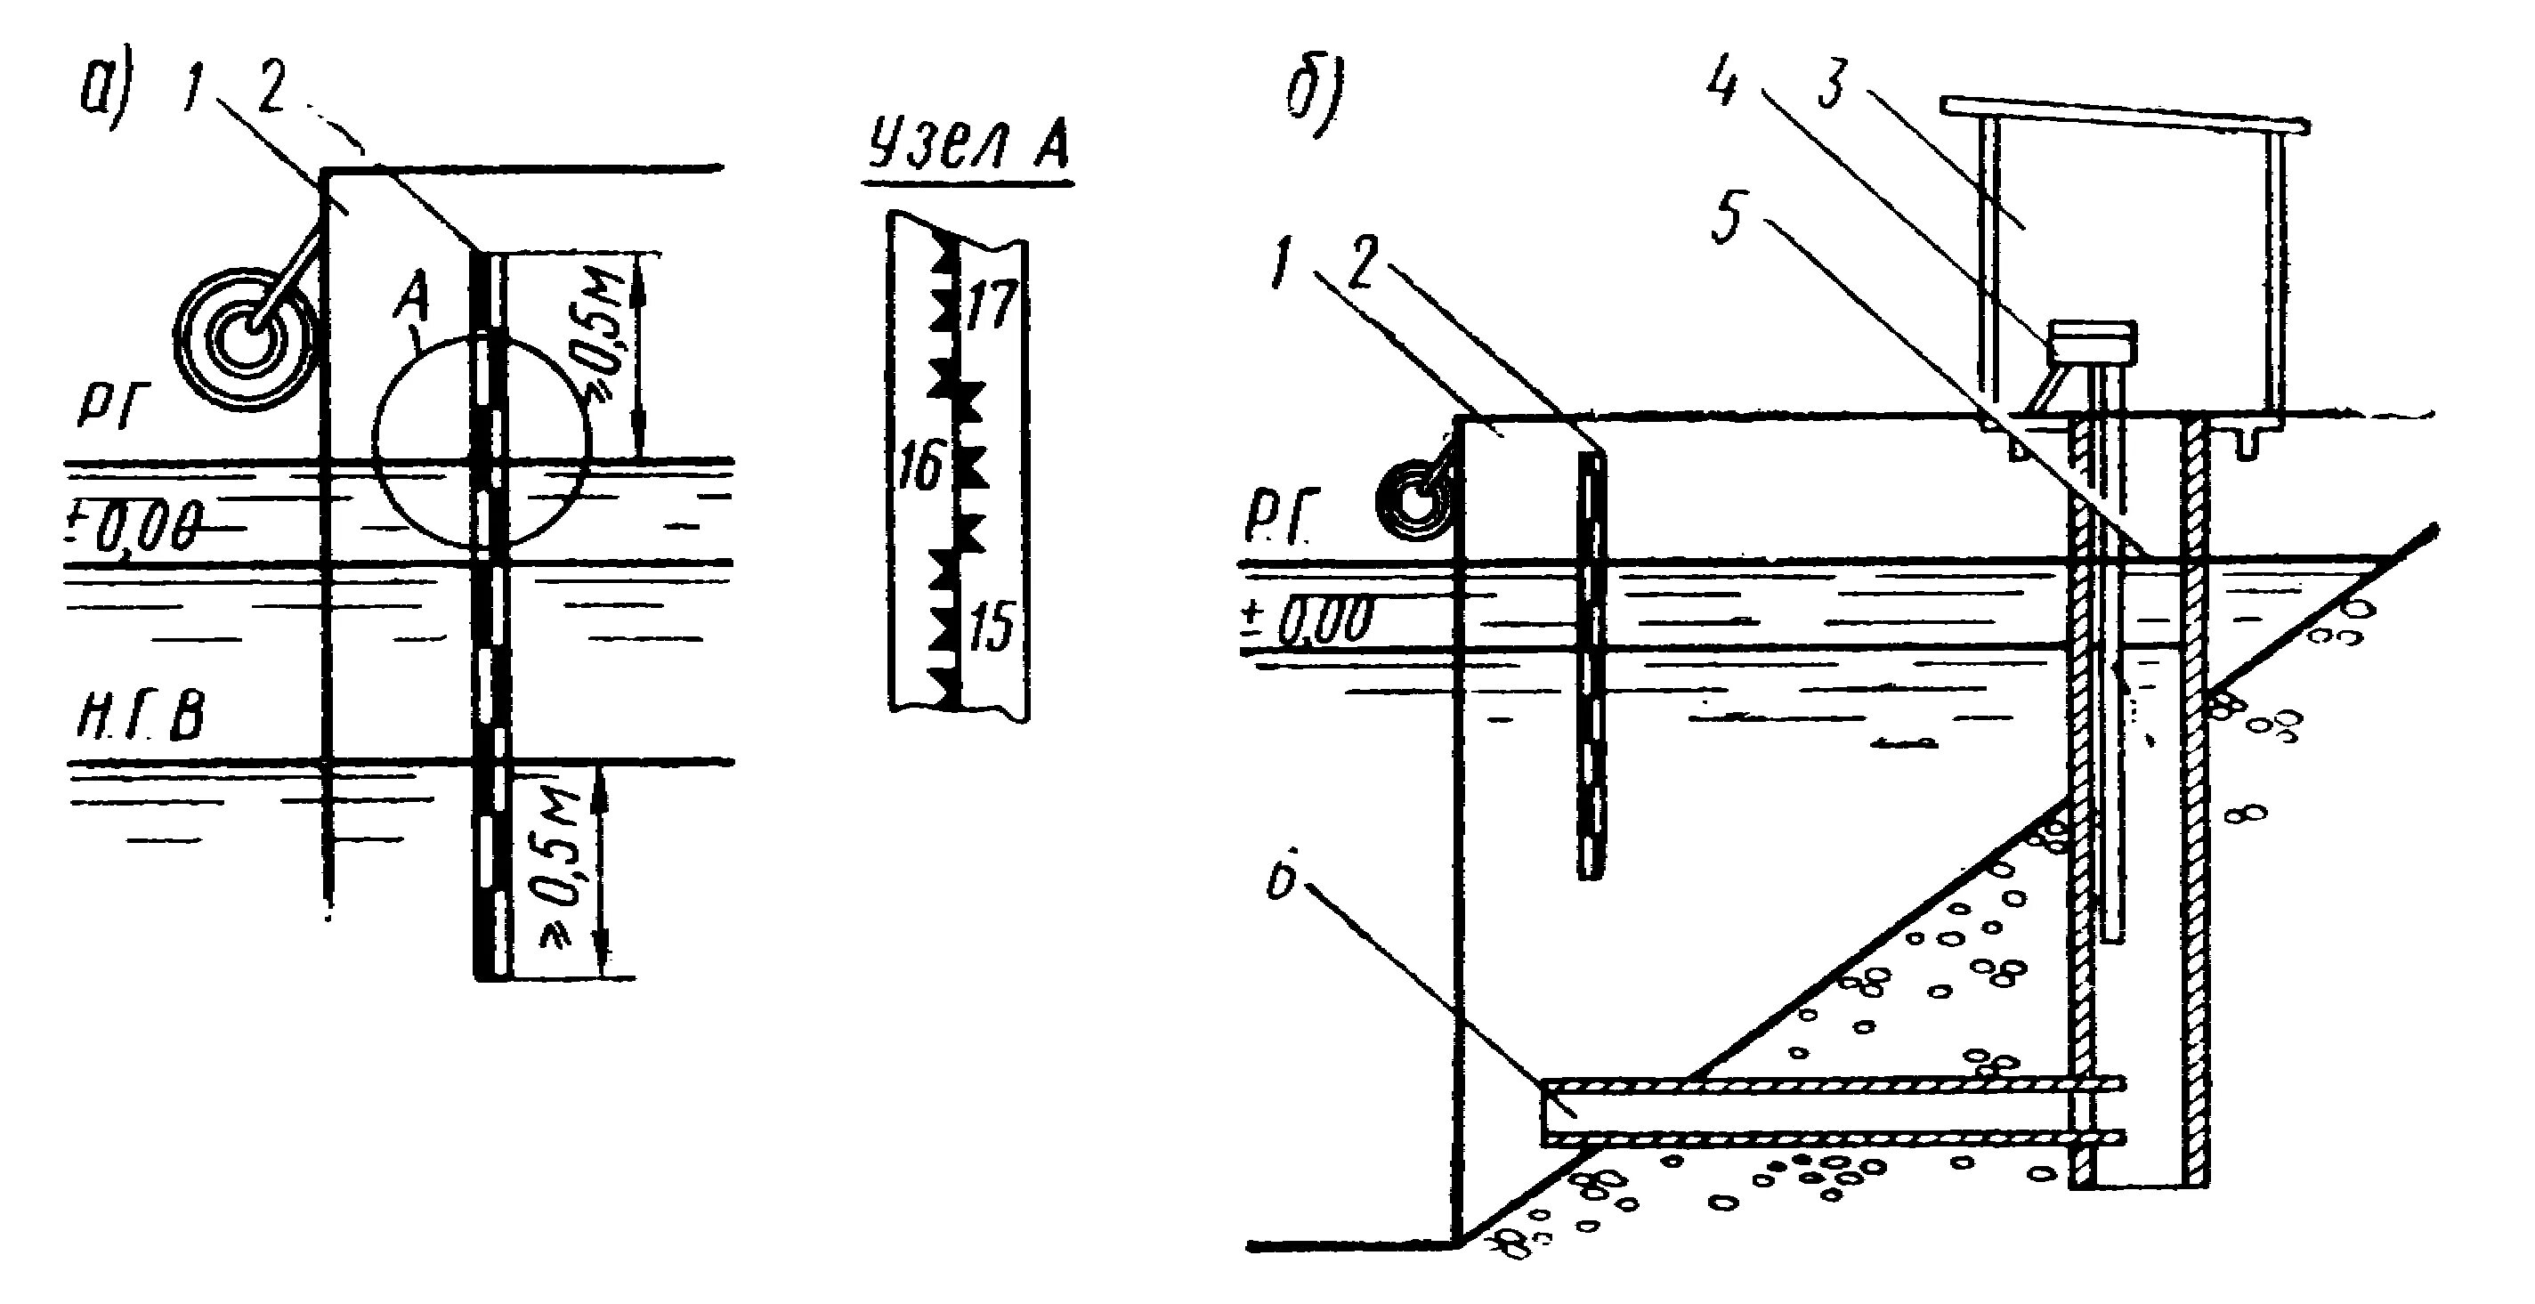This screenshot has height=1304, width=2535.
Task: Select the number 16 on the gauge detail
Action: [922, 466]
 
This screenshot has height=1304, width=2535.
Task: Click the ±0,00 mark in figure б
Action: [1304, 622]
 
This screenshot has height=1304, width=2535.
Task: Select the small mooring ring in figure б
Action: [1414, 503]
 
